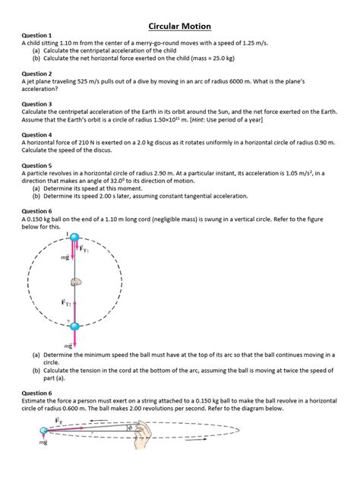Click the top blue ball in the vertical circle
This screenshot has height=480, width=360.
pyautogui.click(x=74, y=240)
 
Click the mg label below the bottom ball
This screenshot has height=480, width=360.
pyautogui.click(x=68, y=345)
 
